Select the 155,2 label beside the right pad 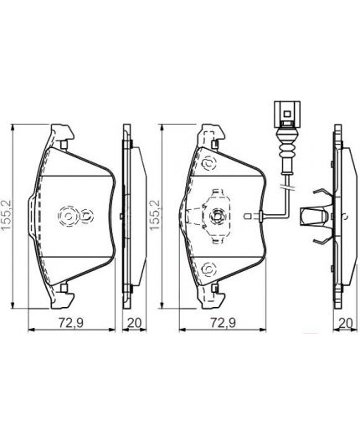[152, 213]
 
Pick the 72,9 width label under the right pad [222, 323]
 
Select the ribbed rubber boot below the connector [285, 149]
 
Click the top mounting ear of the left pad [60, 135]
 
